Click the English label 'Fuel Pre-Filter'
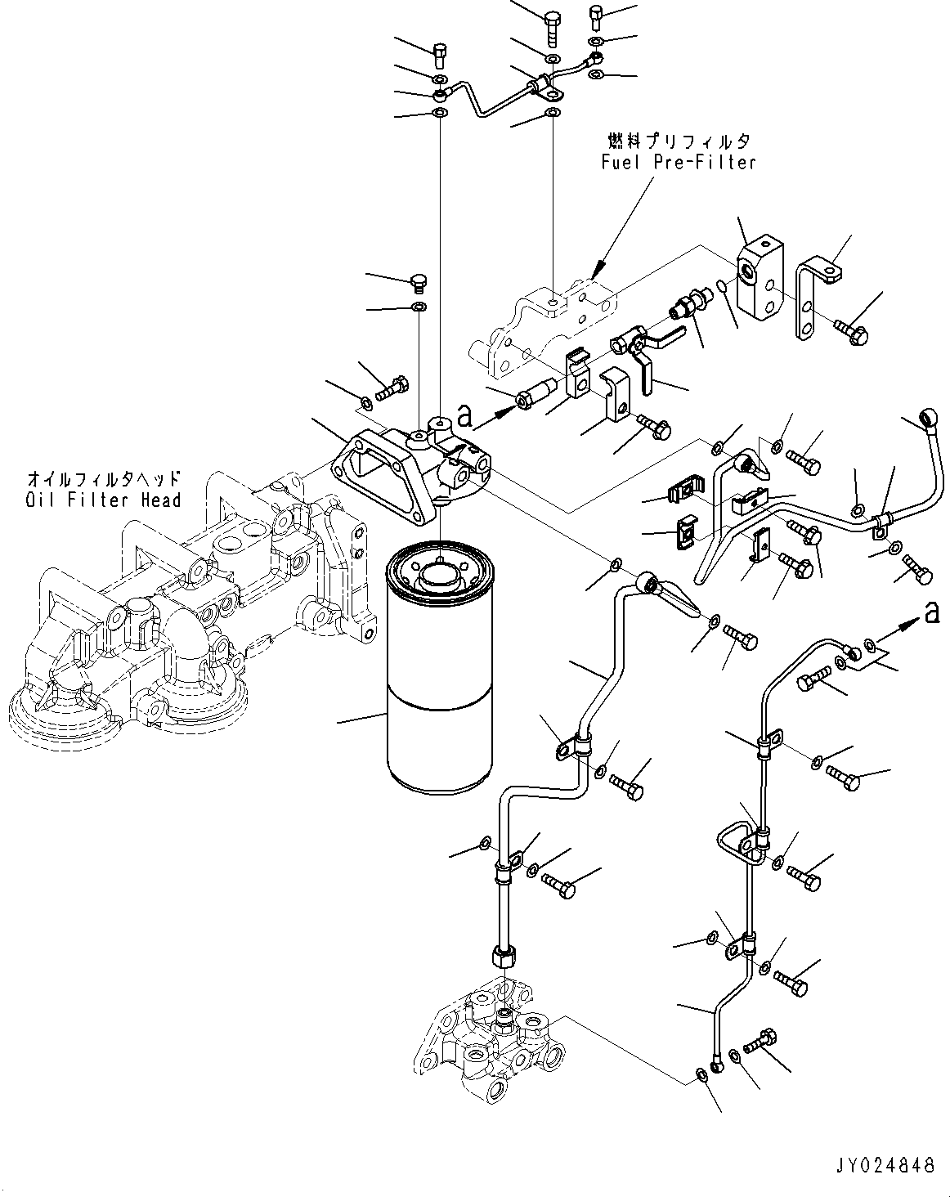click(x=678, y=162)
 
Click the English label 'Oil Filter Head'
click(x=103, y=499)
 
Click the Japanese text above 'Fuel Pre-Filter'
click(x=678, y=141)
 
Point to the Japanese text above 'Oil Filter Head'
click(x=103, y=478)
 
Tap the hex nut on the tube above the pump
click(x=501, y=955)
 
